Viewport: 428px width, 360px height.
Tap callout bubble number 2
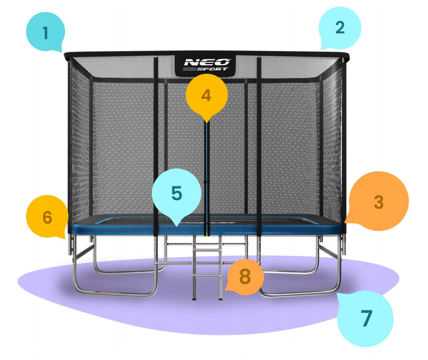click(340, 28)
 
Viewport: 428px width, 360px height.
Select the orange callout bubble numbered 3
click(378, 202)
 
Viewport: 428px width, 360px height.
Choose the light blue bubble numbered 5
click(177, 193)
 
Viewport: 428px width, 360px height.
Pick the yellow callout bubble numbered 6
click(47, 217)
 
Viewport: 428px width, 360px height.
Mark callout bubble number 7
click(366, 318)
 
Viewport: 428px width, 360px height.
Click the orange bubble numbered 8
click(245, 277)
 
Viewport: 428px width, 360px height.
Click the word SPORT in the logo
click(212, 69)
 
